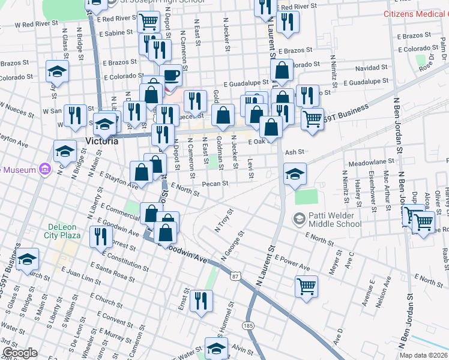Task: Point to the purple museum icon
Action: coord(44,170)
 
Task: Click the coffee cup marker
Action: coord(171,76)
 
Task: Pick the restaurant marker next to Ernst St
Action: coord(202,301)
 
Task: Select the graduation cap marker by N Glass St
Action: coord(57,73)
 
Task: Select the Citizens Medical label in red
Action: coord(415,13)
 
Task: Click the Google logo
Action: coord(20,353)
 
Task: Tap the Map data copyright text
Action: coord(424,355)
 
